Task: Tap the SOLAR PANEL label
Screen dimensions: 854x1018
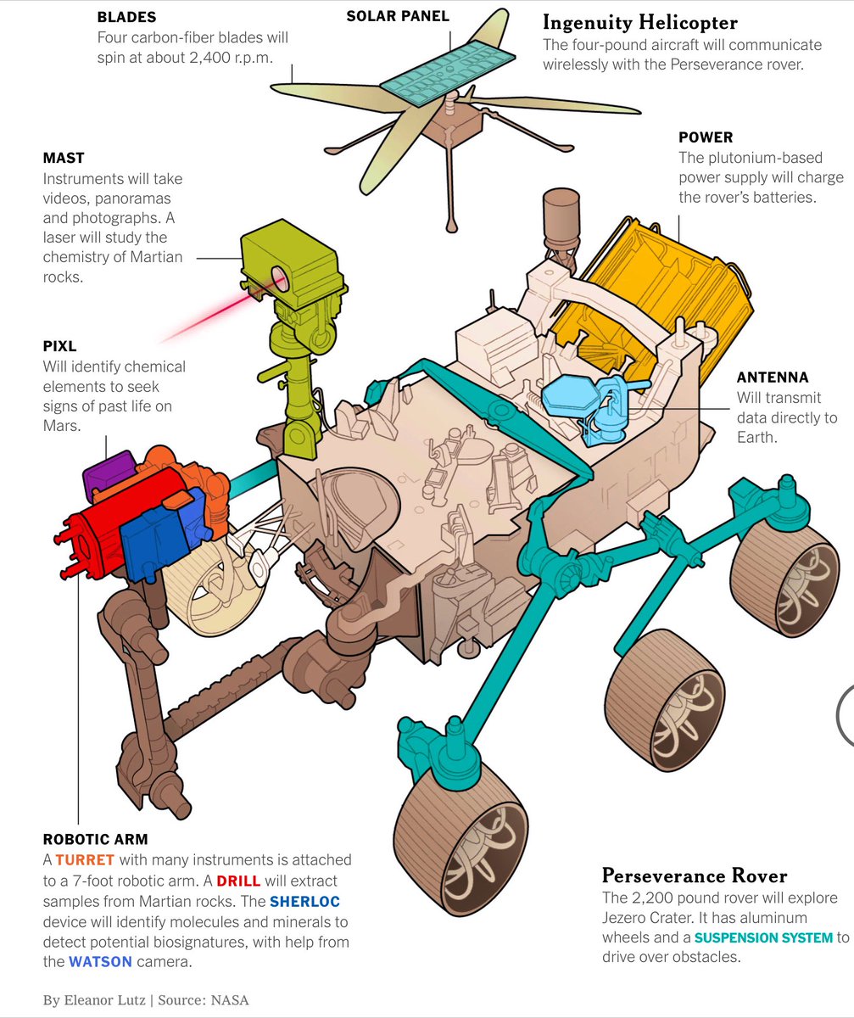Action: tap(397, 16)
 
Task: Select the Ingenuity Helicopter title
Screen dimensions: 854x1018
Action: tap(640, 22)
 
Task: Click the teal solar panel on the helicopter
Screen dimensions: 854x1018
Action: tap(447, 66)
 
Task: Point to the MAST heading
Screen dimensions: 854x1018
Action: tap(64, 158)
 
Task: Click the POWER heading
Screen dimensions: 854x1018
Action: tap(706, 137)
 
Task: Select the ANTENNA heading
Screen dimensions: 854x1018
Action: tap(772, 378)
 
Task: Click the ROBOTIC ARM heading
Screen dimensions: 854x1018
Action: tap(95, 840)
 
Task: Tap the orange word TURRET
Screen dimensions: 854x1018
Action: tap(84, 860)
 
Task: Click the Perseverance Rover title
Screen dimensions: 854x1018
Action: tap(695, 875)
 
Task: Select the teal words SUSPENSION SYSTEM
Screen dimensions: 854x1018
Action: tap(763, 937)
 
